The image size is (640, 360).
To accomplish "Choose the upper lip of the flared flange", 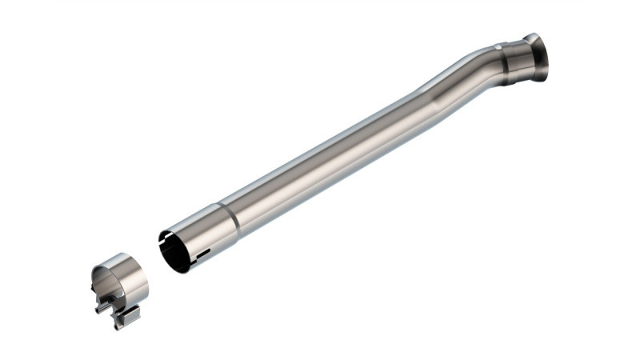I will click(x=531, y=37).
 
